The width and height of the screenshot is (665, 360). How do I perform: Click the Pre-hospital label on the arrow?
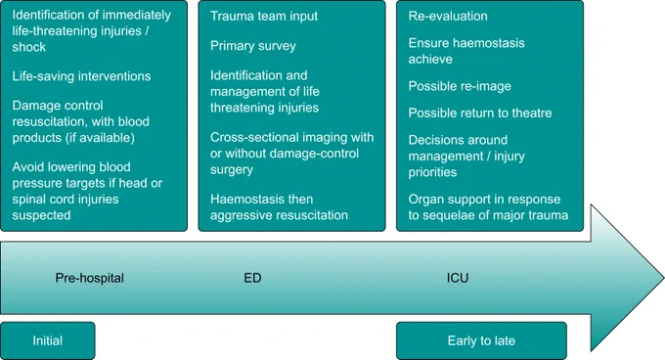[90, 278]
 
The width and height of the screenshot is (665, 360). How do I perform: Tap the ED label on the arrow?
[252, 278]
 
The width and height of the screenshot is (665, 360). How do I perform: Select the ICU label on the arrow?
[458, 278]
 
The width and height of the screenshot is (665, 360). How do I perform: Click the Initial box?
[48, 340]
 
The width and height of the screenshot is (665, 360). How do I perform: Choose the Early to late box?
[481, 340]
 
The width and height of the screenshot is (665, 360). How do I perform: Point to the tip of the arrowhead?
[663, 278]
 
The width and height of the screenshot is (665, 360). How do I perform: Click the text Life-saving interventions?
[81, 76]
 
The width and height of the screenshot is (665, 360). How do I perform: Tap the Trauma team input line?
[264, 16]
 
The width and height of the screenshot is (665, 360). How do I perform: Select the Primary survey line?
[252, 46]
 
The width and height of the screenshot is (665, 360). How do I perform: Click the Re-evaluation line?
[448, 16]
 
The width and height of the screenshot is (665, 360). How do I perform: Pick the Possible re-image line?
[460, 86]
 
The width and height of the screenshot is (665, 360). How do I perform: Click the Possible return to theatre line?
[480, 113]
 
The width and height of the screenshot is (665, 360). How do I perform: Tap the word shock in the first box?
[28, 47]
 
